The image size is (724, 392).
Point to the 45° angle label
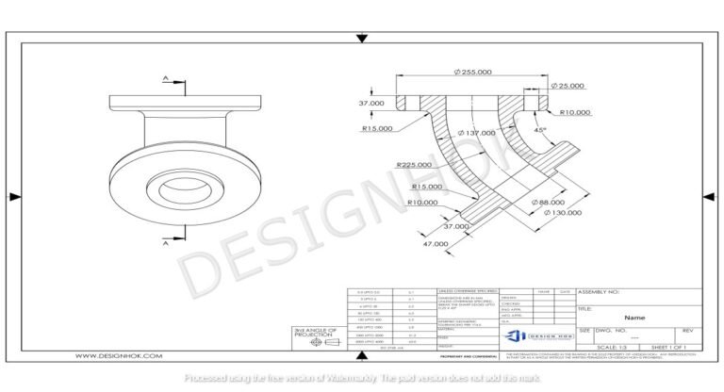tap(539, 131)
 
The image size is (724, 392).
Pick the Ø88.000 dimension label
tap(551, 202)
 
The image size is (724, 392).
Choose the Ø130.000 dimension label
tap(563, 213)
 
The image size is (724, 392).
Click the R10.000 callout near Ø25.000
tap(575, 112)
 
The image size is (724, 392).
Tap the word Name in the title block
tap(633, 318)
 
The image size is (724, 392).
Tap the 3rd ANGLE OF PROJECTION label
tap(314, 332)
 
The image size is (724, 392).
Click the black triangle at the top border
tap(362, 39)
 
